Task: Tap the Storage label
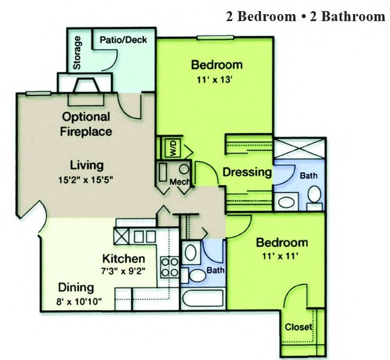pyautogui.click(x=77, y=53)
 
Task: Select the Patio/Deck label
pyautogui.click(x=123, y=40)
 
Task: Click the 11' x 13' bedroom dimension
pyautogui.click(x=215, y=80)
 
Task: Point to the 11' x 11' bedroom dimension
pyautogui.click(x=280, y=256)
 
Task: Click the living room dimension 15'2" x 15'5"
pyautogui.click(x=86, y=179)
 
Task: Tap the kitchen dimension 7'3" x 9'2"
pyautogui.click(x=123, y=270)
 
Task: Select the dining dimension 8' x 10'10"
pyautogui.click(x=79, y=301)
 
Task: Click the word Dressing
pyautogui.click(x=247, y=172)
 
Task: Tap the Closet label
pyautogui.click(x=299, y=327)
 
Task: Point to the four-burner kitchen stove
pyautogui.click(x=169, y=267)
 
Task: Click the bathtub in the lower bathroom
pyautogui.click(x=203, y=298)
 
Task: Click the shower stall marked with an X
pyautogui.click(x=299, y=148)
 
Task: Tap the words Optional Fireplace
pyautogui.click(x=86, y=124)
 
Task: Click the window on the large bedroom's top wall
pyautogui.click(x=216, y=38)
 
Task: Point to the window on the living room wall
pyautogui.click(x=39, y=93)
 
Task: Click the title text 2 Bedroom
pyautogui.click(x=261, y=16)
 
